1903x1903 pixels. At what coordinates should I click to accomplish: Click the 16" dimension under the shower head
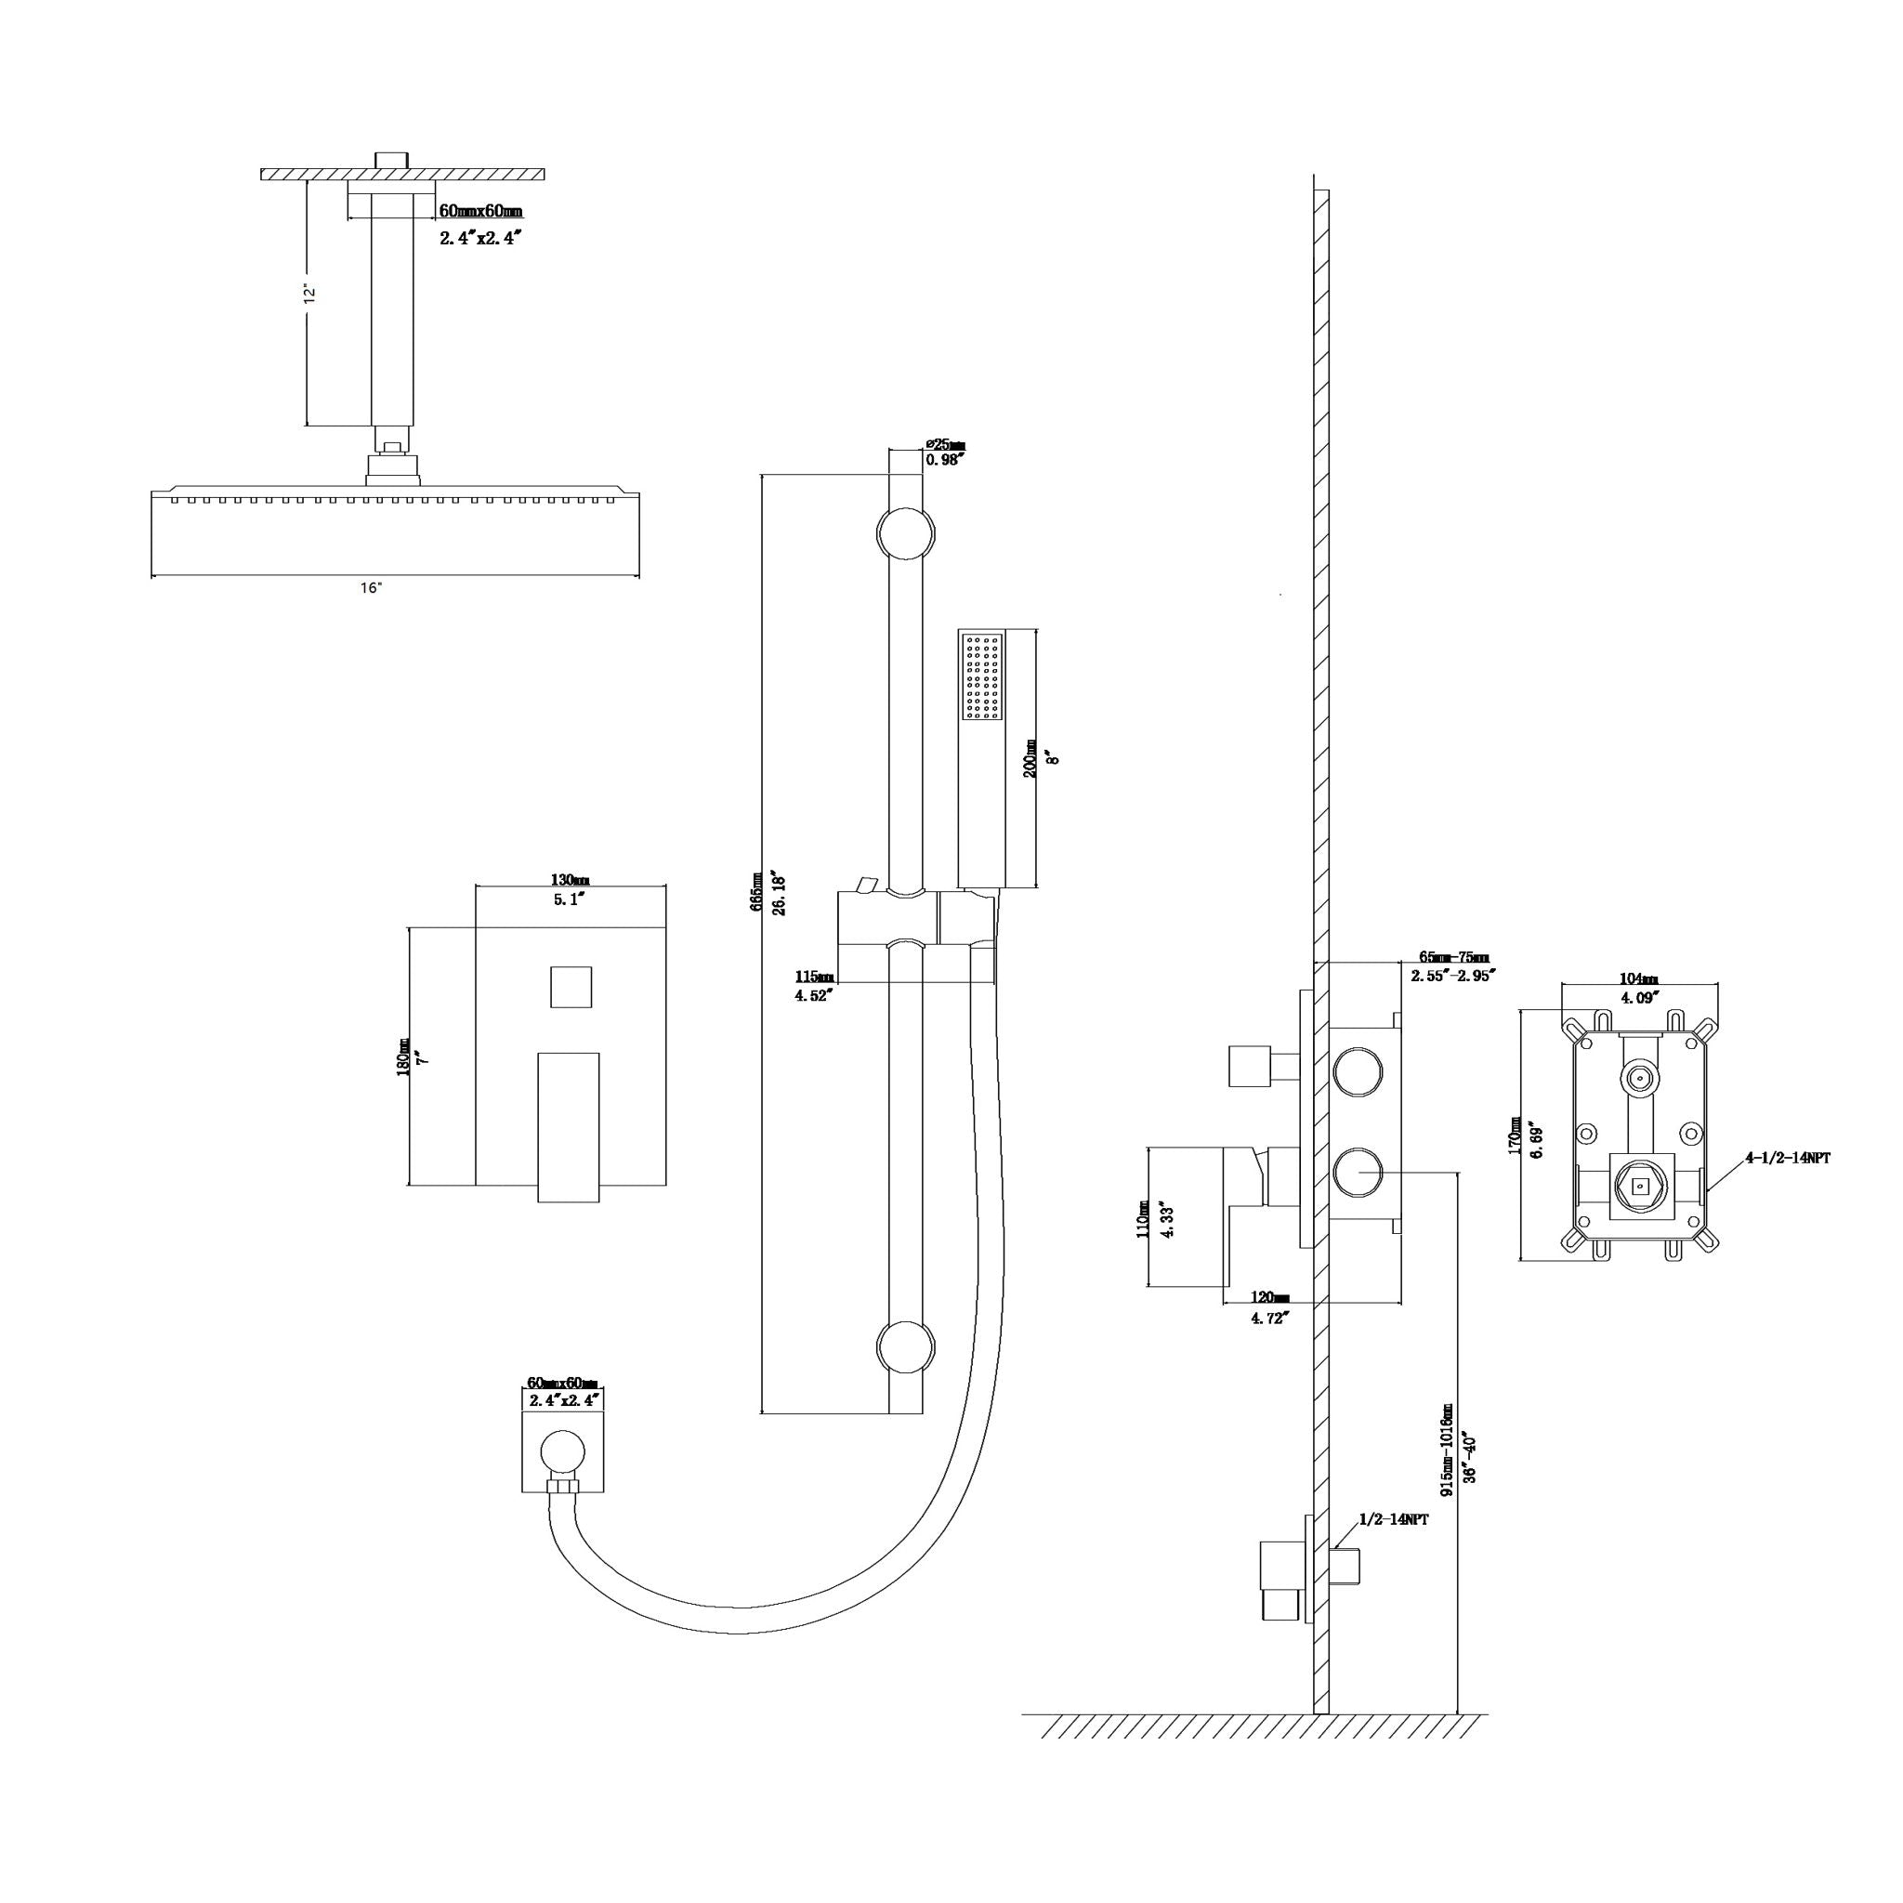click(371, 588)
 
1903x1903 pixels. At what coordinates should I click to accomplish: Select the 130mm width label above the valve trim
click(571, 880)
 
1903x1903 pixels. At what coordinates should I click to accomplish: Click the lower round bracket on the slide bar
click(905, 1346)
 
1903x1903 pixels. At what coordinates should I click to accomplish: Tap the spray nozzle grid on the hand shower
click(982, 676)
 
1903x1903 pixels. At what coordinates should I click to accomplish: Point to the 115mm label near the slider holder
click(815, 978)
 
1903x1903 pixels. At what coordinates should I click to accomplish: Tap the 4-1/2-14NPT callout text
click(1788, 1160)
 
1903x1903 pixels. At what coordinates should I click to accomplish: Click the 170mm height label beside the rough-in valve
click(1515, 1136)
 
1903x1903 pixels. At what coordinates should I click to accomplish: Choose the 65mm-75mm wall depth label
click(1453, 957)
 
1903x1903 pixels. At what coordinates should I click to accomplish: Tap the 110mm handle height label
click(1144, 1219)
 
